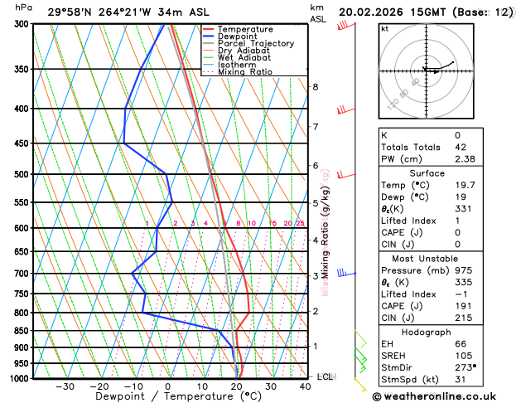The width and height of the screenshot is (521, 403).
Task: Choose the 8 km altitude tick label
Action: [315, 86]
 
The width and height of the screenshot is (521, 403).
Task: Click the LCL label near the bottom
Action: [325, 376]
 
